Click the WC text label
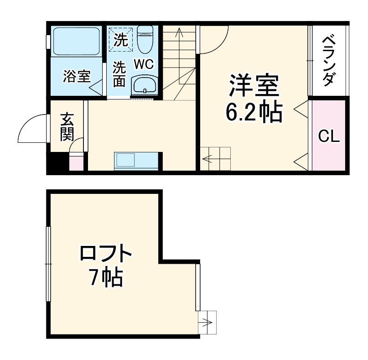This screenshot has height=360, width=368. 143,64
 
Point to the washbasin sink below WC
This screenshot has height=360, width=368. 144,85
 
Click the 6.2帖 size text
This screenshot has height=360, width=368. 253,113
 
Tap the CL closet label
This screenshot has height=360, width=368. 329,136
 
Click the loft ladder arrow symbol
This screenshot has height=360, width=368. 208,323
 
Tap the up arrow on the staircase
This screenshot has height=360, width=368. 179,34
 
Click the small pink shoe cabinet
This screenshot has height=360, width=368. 76,163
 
